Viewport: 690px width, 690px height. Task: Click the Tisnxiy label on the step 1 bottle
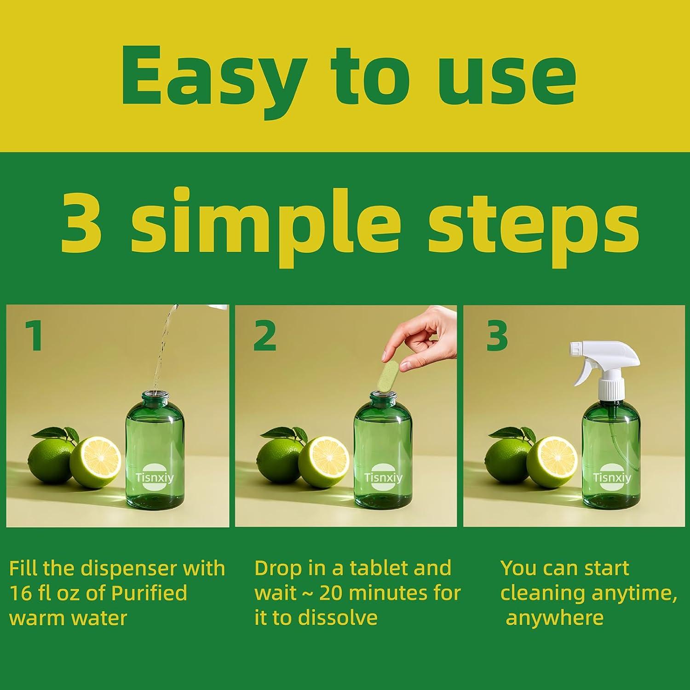tap(155, 478)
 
